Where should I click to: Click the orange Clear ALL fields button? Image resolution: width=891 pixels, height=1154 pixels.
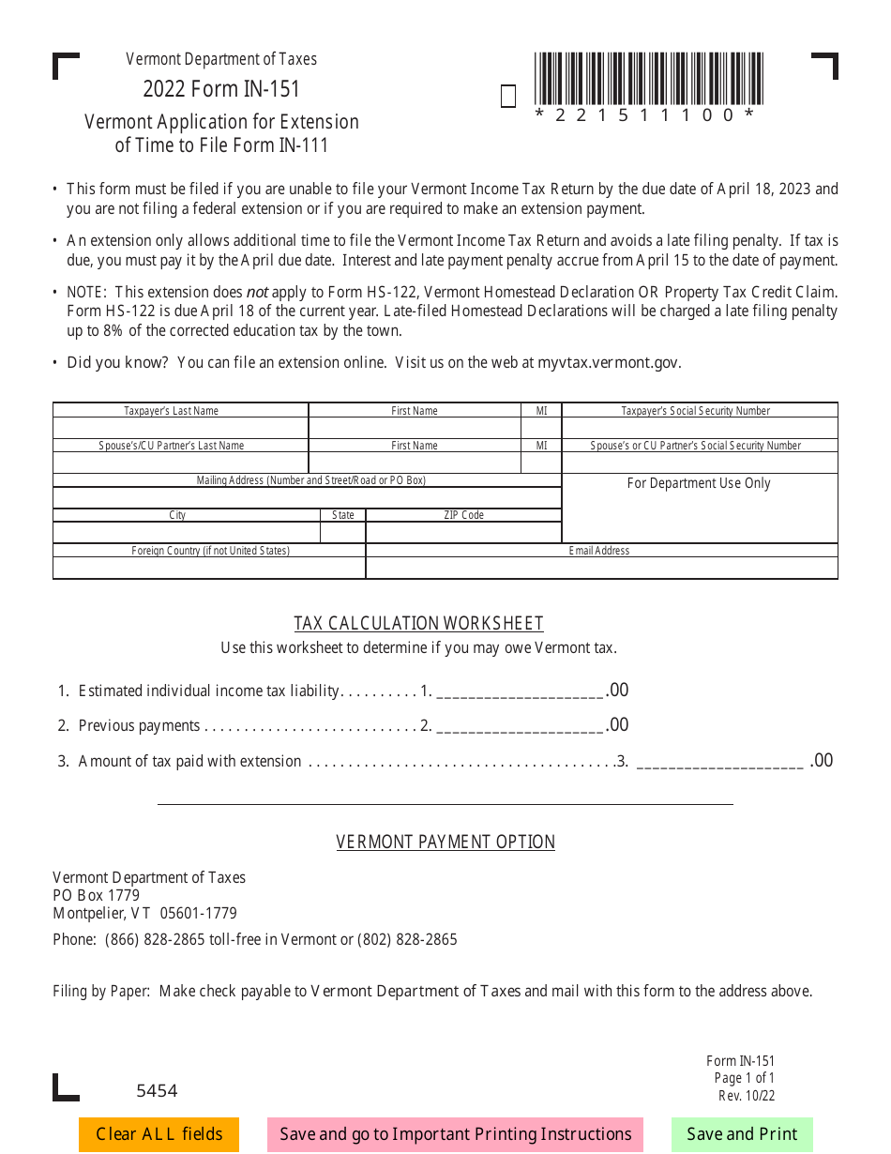(x=159, y=1134)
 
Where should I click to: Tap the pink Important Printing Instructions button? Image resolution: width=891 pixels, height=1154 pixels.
(x=455, y=1134)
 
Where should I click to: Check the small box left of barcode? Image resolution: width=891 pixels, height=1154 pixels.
(x=508, y=97)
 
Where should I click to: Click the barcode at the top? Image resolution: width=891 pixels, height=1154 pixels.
(x=648, y=79)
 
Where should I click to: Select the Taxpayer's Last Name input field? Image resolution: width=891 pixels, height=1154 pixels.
(x=180, y=428)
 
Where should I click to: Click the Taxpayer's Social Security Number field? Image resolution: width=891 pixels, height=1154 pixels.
(x=699, y=428)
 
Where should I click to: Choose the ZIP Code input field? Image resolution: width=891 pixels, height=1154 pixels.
(x=463, y=533)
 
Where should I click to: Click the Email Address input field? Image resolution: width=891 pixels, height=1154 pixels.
(x=601, y=568)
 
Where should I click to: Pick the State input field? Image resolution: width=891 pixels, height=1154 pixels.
(x=342, y=533)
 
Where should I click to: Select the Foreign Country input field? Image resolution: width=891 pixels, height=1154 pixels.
(x=208, y=568)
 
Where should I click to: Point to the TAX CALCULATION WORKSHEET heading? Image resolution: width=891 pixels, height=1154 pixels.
(x=418, y=624)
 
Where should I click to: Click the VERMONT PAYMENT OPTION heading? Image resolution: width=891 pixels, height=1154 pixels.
(x=445, y=842)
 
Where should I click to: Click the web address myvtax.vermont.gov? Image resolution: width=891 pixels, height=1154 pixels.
(x=608, y=362)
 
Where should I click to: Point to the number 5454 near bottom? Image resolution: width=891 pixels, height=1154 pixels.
(x=157, y=1090)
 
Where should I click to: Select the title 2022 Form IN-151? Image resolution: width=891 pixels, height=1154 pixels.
(x=221, y=89)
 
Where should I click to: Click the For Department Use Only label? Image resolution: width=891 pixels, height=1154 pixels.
(x=699, y=483)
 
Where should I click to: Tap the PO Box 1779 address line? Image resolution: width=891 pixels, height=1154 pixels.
(x=96, y=895)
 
